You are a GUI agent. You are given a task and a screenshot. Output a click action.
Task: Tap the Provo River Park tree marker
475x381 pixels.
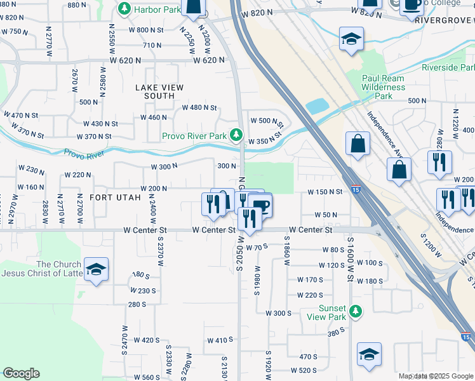point(236,135)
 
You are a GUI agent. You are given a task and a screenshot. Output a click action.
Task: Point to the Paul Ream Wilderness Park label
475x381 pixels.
point(383,87)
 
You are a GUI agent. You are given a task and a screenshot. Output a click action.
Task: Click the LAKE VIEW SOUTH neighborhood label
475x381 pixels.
point(159,91)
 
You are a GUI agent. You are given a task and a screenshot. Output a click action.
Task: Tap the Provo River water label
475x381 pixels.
point(84,154)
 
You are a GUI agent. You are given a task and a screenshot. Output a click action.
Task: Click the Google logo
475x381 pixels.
point(21,373)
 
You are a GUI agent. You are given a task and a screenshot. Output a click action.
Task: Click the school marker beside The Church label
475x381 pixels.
point(96,269)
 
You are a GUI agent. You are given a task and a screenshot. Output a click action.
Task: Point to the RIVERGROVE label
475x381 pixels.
point(445,20)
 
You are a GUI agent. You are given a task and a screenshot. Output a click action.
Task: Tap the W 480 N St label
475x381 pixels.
point(199,108)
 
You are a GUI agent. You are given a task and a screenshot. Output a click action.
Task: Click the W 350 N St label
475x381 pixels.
point(264,141)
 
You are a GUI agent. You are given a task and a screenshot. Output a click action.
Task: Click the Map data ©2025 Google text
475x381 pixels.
point(436,376)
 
